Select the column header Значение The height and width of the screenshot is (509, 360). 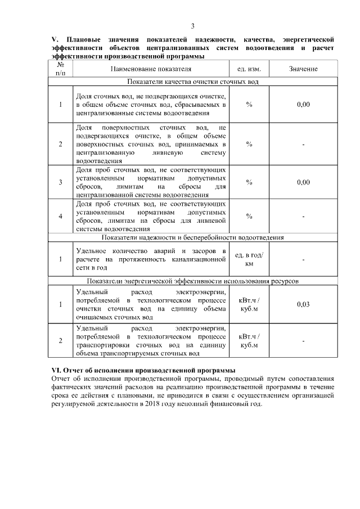point(303,69)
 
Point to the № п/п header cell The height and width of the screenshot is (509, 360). point(61,69)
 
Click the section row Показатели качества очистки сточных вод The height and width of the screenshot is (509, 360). point(192,82)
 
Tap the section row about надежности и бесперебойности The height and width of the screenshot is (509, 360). point(192,237)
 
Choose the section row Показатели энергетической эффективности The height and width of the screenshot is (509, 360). point(192,281)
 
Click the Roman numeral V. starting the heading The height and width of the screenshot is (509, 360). point(55,39)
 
